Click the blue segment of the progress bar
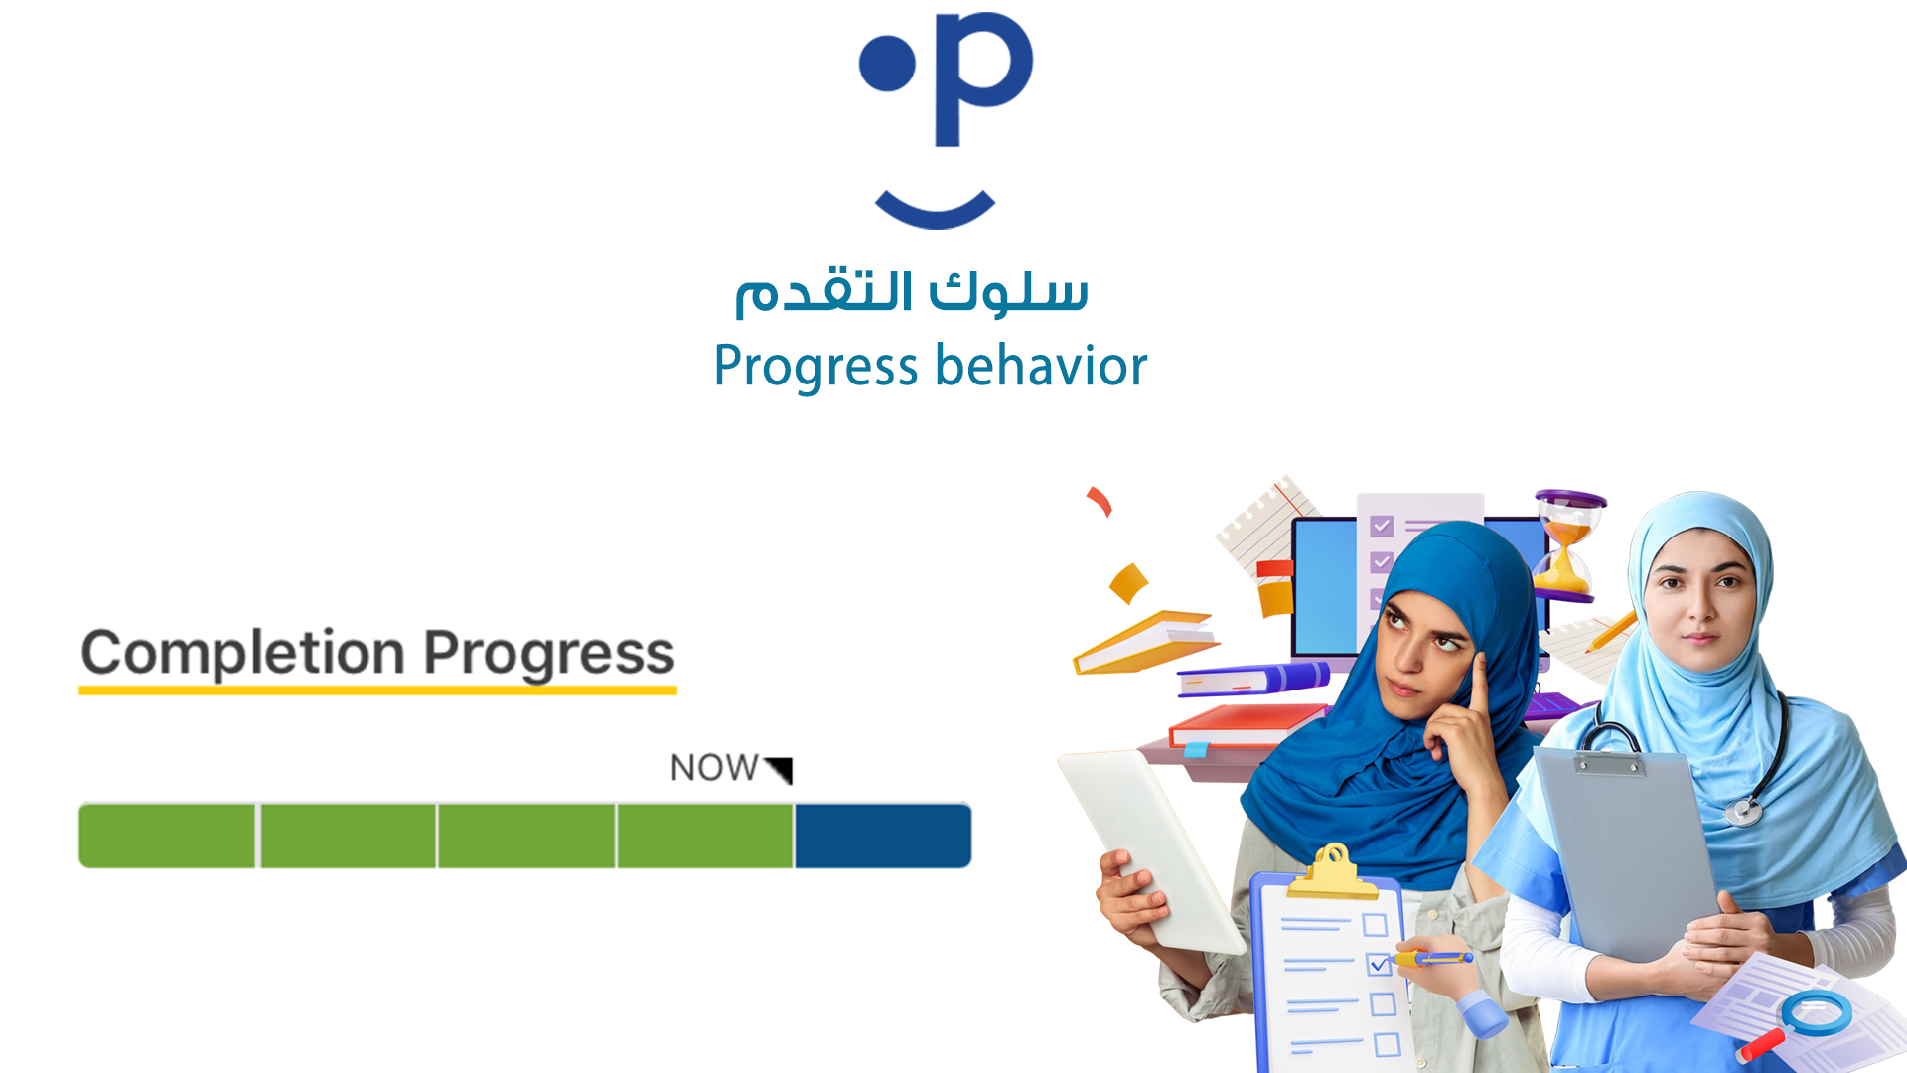point(883,836)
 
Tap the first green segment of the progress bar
point(168,836)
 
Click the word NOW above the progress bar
point(714,768)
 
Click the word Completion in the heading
point(243,653)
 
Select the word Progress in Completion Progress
point(549,655)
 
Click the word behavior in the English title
point(1041,365)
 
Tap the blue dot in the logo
point(887,63)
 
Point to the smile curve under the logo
point(935,214)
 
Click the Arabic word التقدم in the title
point(823,291)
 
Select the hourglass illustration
point(1567,545)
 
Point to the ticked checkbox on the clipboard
point(1378,964)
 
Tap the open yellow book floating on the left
point(1145,642)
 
